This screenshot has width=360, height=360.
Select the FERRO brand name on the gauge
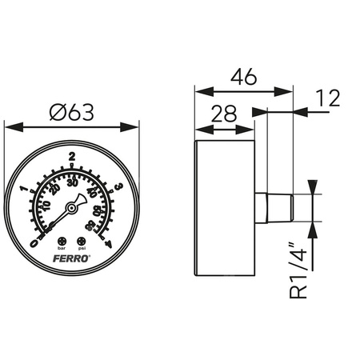[73, 258]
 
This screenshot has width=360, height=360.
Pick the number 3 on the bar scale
[118, 188]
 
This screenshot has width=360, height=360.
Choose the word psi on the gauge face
[82, 249]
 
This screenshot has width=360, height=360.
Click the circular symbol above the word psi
[82, 241]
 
